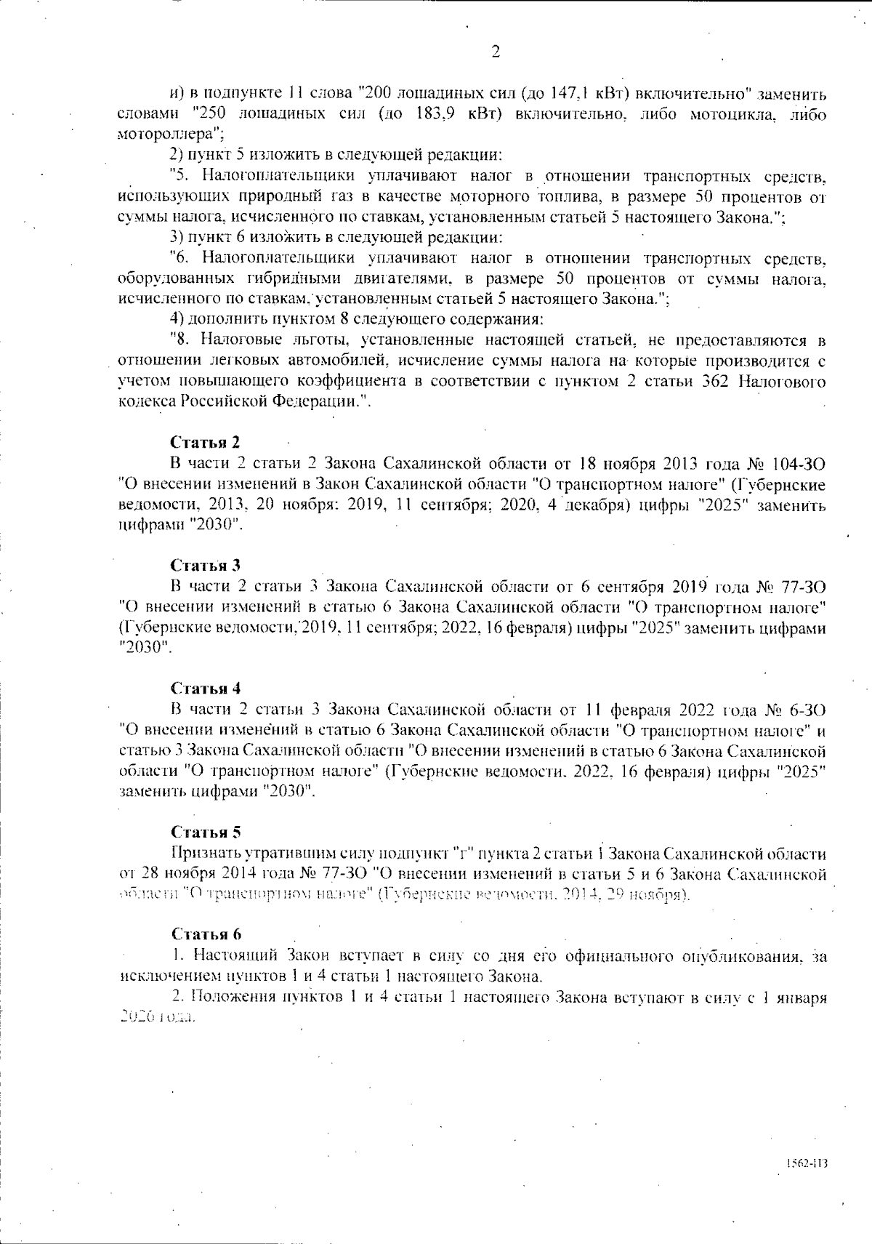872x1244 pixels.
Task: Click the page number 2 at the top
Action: coord(496,51)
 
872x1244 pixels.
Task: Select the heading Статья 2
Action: coord(205,442)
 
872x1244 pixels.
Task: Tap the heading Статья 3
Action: coord(206,565)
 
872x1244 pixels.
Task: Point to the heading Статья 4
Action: coord(206,688)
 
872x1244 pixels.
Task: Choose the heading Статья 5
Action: coord(206,832)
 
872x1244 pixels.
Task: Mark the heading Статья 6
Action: coord(206,934)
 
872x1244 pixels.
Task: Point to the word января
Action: coord(800,997)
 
